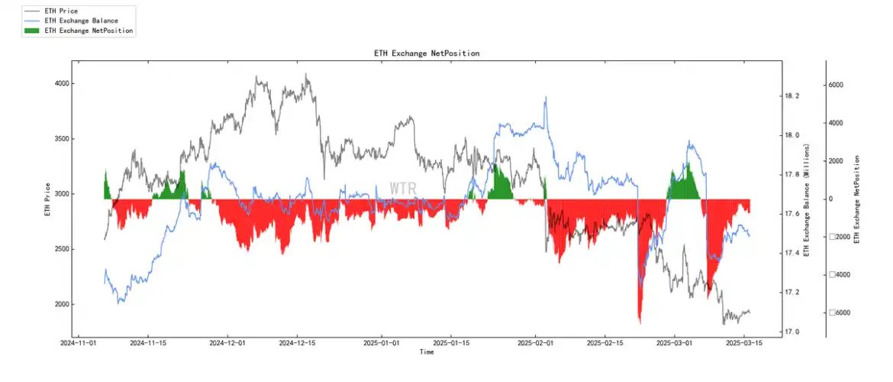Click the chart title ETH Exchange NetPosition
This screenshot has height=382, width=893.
coord(427,53)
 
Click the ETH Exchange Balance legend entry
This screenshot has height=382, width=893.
coord(80,21)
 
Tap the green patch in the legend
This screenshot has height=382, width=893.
coord(31,31)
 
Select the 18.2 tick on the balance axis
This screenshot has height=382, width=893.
coord(792,96)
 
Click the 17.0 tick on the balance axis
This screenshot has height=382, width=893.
coord(792,332)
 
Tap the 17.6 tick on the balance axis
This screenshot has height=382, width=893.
coord(792,214)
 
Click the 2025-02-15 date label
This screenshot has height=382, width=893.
coord(606,344)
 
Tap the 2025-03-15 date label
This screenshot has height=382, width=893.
coord(744,344)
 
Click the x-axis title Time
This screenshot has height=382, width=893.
coord(427,352)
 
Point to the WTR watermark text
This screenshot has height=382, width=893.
coord(403,188)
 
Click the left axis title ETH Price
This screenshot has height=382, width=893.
coord(47,199)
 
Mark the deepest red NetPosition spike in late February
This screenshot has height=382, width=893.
coord(640,321)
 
